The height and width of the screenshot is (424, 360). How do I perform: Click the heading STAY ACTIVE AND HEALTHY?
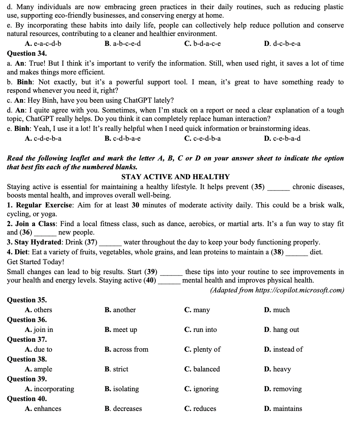pos(175,177)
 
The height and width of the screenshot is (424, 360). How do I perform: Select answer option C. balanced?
pos(202,369)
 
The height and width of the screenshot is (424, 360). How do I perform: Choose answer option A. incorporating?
pos(49,389)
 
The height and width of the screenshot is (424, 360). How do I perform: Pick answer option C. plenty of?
pos(202,349)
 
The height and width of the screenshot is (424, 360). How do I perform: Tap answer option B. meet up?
pos(121,329)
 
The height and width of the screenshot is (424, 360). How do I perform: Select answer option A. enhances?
pos(43,408)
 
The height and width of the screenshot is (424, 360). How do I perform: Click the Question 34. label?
pos(27,54)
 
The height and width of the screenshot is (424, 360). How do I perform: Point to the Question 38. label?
pos(27,359)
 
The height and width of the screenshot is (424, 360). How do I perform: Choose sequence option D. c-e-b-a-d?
pos(282,138)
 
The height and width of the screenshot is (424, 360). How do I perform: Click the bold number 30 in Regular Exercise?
pos(136,205)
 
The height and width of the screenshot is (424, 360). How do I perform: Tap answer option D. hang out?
pos(281,329)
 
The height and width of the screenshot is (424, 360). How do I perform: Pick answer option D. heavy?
pos(277,369)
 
